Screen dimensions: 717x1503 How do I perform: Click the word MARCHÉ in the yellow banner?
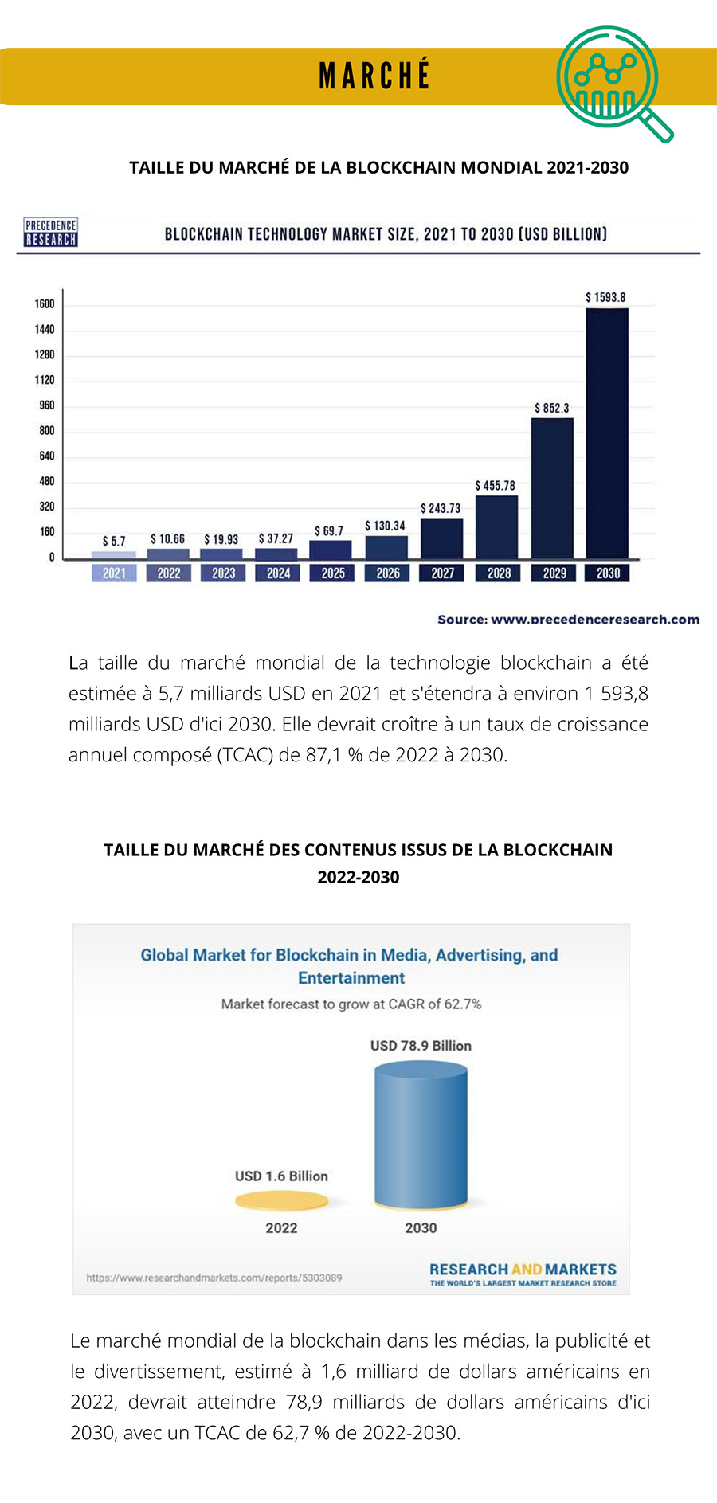[374, 76]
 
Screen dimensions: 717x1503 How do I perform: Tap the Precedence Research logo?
[51, 233]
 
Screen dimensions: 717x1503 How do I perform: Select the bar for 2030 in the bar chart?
[607, 433]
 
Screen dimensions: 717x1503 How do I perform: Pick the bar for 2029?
[552, 487]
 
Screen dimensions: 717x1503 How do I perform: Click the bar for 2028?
[496, 526]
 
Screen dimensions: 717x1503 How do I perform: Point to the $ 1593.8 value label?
[606, 297]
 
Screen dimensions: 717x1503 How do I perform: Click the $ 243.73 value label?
[441, 508]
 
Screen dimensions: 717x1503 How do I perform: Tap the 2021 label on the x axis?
[114, 573]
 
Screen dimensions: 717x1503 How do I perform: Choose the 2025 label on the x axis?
[333, 573]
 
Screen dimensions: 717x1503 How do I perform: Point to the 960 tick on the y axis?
[47, 405]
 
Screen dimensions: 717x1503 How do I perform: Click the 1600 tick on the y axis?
[45, 304]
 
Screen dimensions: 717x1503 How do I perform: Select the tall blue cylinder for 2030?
[421, 1135]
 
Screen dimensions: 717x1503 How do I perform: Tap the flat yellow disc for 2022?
[281, 1201]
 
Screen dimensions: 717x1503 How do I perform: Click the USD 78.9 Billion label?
[421, 1046]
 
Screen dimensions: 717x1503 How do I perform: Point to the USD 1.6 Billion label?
[281, 1176]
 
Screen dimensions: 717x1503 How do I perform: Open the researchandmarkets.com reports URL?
[214, 1278]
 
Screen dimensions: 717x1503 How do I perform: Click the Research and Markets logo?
[523, 1274]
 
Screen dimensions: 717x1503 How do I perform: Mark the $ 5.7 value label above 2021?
[114, 542]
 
